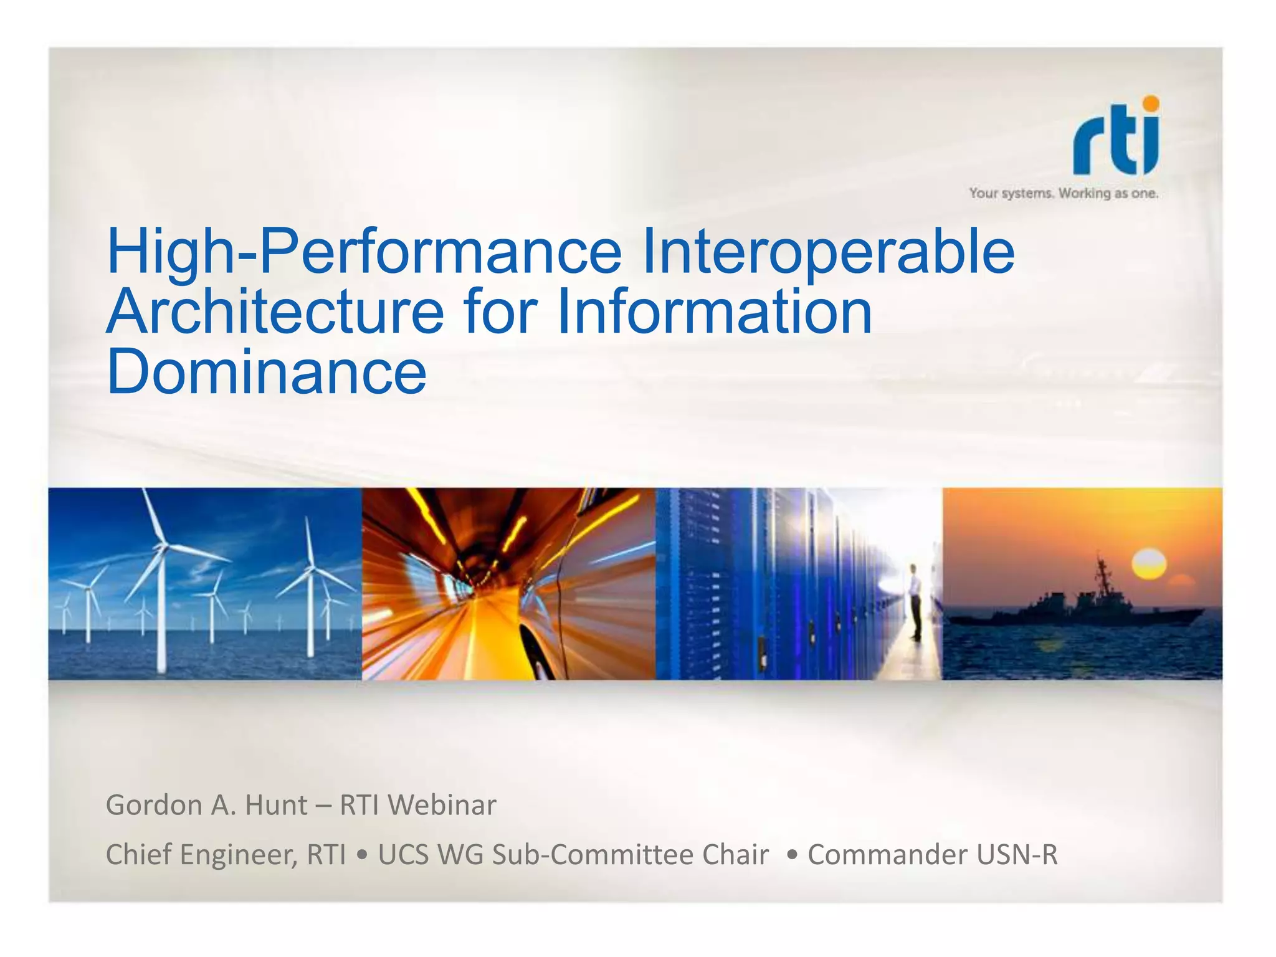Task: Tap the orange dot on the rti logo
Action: pyautogui.click(x=1150, y=103)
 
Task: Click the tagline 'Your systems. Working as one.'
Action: pyautogui.click(x=1063, y=194)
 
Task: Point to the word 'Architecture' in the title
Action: pyautogui.click(x=275, y=312)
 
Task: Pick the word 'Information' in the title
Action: pyautogui.click(x=715, y=312)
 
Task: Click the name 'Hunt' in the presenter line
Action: pyautogui.click(x=276, y=805)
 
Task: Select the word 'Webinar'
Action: pyautogui.click(x=442, y=805)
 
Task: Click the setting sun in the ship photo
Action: pyautogui.click(x=1148, y=564)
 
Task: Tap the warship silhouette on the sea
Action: pyautogui.click(x=1078, y=607)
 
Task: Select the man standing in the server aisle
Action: pyautogui.click(x=915, y=601)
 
